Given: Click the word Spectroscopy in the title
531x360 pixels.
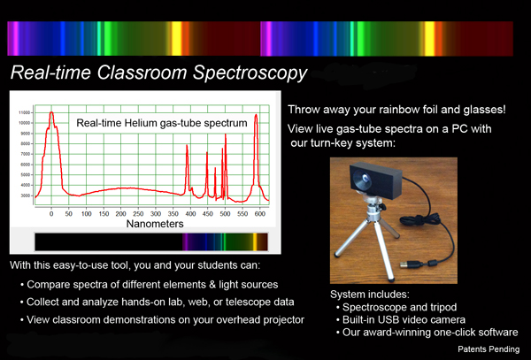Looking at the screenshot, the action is pyautogui.click(x=250, y=73).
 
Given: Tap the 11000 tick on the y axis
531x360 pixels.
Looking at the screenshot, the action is pyautogui.click(x=25, y=112).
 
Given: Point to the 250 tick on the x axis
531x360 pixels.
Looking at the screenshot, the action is pyautogui.click(x=138, y=214).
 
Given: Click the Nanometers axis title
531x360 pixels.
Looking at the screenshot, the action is pyautogui.click(x=155, y=224).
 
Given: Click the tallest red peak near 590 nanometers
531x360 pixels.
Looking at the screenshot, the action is pyautogui.click(x=256, y=115).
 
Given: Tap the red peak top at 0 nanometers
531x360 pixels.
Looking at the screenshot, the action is pyautogui.click(x=51, y=112).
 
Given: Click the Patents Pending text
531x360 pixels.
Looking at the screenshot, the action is pyautogui.click(x=489, y=349).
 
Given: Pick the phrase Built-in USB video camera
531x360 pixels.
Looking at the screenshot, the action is pyautogui.click(x=404, y=319).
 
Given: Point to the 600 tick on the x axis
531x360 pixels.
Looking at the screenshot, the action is pyautogui.click(x=259, y=214).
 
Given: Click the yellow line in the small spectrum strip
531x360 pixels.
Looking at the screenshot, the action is pyautogui.click(x=255, y=242).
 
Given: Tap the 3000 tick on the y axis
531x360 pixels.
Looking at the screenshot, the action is pyautogui.click(x=26, y=195).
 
